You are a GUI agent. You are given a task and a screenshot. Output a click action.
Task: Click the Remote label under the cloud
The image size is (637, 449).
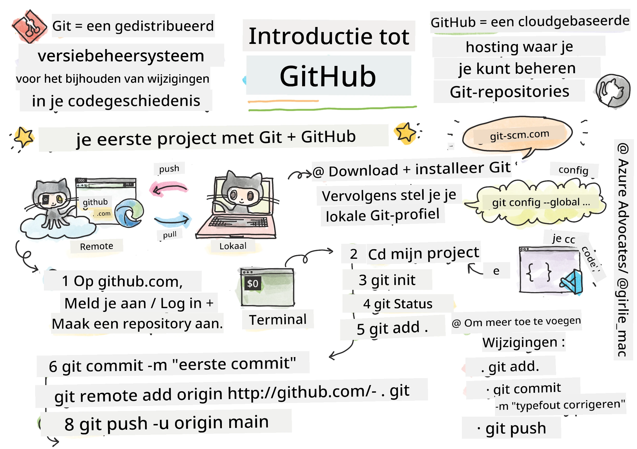coord(97,246)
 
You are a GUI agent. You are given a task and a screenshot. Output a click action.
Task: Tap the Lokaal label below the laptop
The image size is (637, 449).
coord(233,246)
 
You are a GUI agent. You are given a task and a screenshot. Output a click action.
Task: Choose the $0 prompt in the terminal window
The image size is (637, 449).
coord(252,283)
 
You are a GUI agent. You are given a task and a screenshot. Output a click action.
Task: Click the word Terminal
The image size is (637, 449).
coord(278,320)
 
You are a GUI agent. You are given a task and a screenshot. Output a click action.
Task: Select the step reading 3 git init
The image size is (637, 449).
coord(387,280)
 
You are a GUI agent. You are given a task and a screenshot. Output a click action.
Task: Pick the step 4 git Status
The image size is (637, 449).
coord(397,304)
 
